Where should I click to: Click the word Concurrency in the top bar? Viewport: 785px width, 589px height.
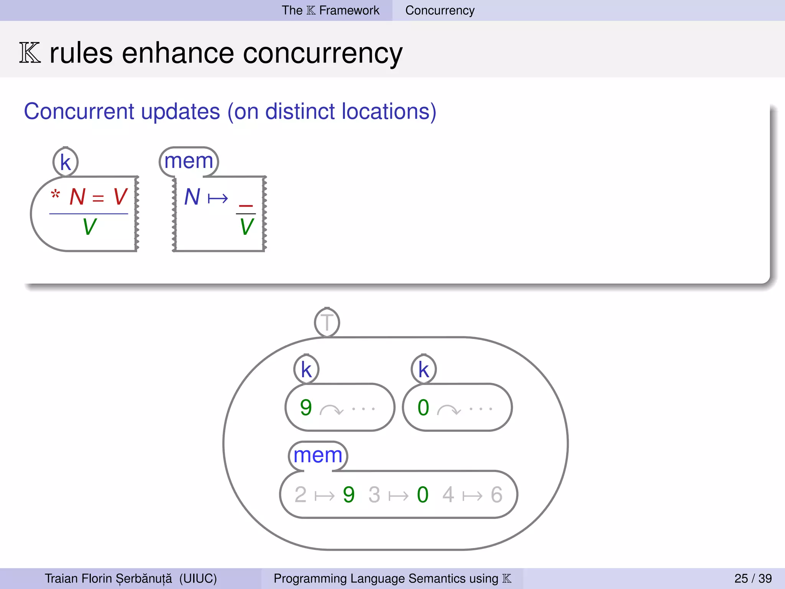tap(440, 10)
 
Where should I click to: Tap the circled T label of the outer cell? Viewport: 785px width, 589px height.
tap(327, 322)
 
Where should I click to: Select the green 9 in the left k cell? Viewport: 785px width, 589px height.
tap(306, 407)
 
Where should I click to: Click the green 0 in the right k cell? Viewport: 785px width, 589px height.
tap(423, 407)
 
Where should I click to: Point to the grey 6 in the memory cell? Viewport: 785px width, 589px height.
tap(496, 495)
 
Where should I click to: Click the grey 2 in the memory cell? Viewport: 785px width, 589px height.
tap(301, 495)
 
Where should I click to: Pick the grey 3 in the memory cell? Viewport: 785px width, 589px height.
tap(374, 495)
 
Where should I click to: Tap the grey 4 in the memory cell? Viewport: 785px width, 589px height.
tap(448, 495)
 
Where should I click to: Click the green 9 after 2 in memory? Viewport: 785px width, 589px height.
tap(348, 495)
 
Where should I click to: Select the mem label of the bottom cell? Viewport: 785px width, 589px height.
tap(318, 456)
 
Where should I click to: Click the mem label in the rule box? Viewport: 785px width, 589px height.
tap(189, 161)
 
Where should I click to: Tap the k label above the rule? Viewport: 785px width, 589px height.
tap(66, 163)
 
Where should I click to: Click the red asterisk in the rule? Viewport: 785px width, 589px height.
tap(56, 194)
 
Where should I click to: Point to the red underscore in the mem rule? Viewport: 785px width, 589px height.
tap(246, 206)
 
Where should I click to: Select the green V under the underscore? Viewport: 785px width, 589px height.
tap(246, 227)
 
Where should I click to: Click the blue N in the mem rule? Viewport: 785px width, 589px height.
tap(192, 197)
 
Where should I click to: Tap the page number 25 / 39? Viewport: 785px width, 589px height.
tap(753, 578)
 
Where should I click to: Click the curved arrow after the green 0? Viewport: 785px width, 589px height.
tap(448, 410)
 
